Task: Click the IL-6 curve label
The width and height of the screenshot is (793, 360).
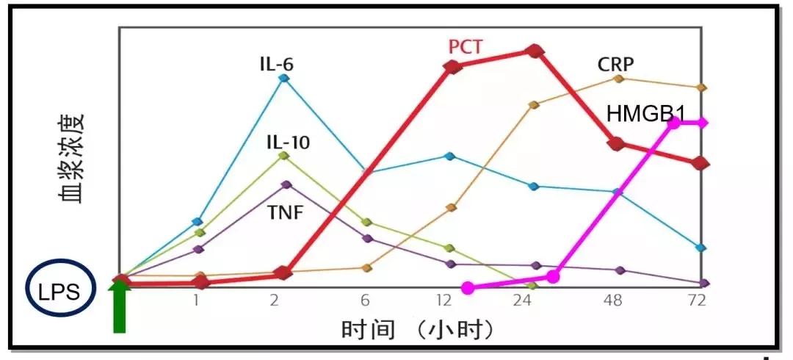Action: (276, 63)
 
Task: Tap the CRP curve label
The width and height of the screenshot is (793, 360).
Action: (616, 63)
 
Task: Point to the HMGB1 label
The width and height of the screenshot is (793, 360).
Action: (645, 114)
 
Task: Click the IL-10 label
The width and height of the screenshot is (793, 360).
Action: (287, 142)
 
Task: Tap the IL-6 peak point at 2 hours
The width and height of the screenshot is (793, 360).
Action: (285, 78)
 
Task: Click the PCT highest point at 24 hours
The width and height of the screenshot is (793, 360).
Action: (535, 51)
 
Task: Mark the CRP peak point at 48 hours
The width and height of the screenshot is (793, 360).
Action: (618, 78)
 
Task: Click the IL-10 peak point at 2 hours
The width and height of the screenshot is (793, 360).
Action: (285, 156)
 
